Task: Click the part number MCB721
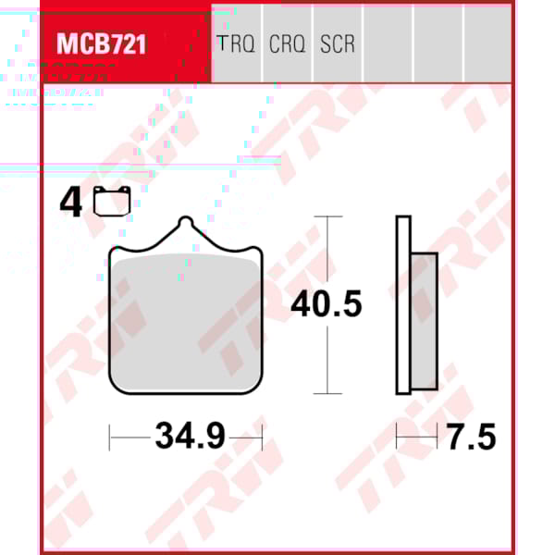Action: (102, 43)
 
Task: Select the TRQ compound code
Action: (235, 43)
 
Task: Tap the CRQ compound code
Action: (287, 43)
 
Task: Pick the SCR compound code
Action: (337, 43)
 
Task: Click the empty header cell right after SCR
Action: (387, 43)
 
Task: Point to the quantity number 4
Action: (68, 203)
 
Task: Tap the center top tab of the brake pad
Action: (186, 226)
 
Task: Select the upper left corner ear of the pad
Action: (115, 253)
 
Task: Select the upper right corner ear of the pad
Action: (257, 253)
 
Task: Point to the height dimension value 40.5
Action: (327, 303)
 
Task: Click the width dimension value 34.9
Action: (190, 436)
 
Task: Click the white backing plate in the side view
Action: (402, 304)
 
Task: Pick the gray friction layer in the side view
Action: (423, 319)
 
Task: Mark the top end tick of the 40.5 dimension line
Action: (327, 216)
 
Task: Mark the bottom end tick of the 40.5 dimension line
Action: (327, 393)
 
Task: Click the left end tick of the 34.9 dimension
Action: (110, 436)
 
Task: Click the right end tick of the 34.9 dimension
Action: (263, 436)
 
